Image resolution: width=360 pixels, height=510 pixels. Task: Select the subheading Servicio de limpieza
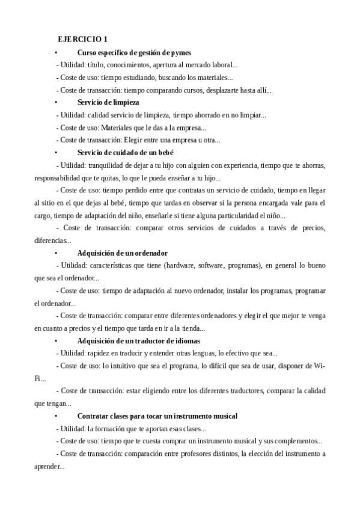coord(108,102)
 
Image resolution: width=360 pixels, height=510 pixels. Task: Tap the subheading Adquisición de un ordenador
coord(123,253)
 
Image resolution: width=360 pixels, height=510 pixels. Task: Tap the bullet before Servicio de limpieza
coord(55,102)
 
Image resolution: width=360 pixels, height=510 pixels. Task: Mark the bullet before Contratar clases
coord(55,416)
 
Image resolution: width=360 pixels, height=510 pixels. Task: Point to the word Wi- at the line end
coord(319,366)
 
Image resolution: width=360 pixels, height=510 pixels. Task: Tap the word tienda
coord(189,328)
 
